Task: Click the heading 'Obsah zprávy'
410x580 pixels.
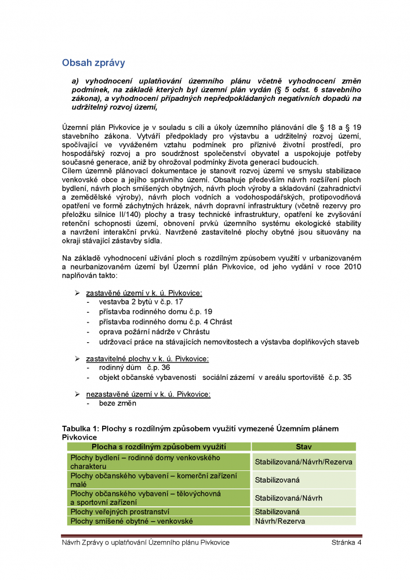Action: [93, 62]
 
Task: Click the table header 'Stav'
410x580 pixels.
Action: [303, 447]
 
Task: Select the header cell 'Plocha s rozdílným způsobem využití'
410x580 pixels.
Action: [159, 447]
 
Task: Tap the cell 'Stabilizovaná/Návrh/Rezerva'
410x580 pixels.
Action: [303, 462]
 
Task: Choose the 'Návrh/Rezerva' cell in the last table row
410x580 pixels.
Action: [281, 521]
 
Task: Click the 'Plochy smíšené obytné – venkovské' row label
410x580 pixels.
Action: [131, 521]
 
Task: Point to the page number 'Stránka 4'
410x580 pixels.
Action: [347, 542]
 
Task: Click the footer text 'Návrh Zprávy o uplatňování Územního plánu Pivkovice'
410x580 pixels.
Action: [146, 542]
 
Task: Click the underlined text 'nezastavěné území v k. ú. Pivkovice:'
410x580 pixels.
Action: [148, 394]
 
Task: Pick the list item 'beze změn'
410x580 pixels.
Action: [118, 403]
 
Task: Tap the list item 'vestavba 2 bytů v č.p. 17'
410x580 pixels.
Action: [141, 302]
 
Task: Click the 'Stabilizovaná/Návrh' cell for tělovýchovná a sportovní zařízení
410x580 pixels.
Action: [289, 498]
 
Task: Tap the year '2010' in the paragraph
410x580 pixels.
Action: [353, 266]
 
